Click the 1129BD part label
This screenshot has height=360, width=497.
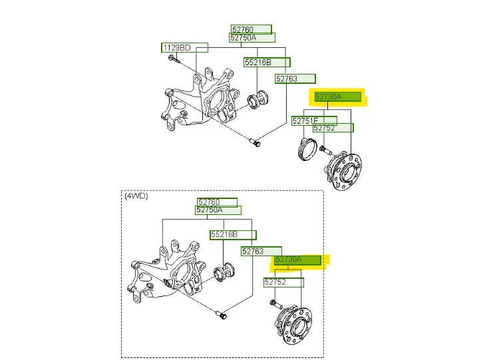184,47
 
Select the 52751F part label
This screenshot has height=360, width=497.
314,120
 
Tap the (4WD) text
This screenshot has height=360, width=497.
136,196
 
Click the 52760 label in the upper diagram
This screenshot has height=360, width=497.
251,29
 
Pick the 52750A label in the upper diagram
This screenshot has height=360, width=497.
252,38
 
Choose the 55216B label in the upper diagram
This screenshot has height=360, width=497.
267,62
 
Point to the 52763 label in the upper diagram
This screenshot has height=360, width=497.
295,79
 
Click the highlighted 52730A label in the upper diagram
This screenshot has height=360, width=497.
338,96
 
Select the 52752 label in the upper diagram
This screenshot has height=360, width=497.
333,128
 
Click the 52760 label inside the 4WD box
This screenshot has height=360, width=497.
217,202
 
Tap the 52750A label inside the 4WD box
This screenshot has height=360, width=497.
218,210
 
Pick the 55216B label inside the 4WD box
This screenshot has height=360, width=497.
233,234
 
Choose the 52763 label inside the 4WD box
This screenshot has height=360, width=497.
261,252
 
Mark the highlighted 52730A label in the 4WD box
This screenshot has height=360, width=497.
297,260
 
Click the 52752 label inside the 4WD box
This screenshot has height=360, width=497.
283,282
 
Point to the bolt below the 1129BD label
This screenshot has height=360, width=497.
174,59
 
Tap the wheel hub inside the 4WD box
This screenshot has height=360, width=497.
293,325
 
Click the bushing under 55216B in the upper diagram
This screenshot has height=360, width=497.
257,99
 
